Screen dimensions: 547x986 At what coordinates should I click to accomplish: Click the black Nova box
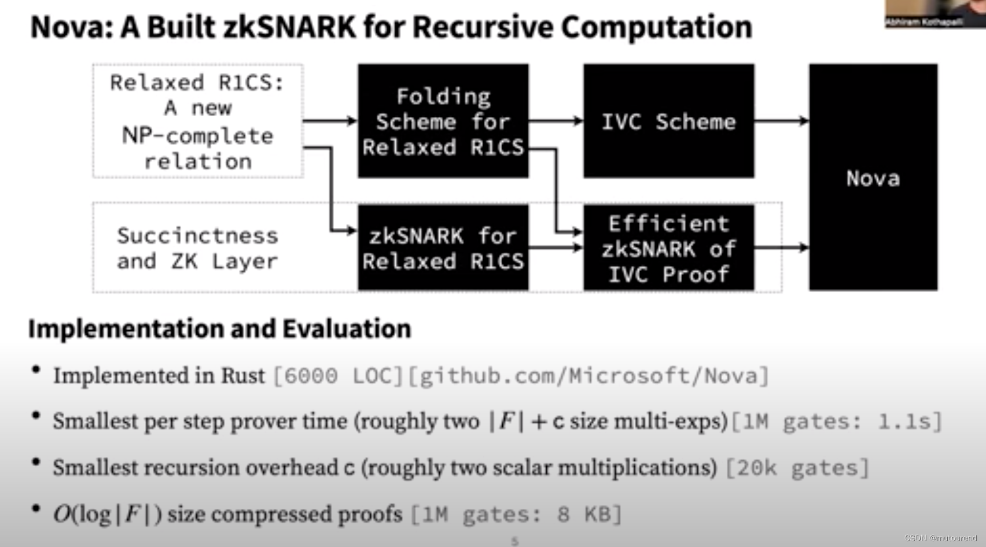point(873,177)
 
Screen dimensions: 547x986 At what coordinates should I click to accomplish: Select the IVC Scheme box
point(668,121)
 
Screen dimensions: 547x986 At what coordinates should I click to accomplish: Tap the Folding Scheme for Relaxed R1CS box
point(443,121)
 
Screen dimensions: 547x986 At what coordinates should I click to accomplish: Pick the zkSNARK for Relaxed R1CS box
point(443,247)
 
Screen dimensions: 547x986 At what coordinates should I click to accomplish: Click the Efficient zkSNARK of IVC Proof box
point(668,247)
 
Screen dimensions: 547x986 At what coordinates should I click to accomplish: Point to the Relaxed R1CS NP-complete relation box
point(197,121)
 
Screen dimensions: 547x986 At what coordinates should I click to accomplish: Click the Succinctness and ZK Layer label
point(197,248)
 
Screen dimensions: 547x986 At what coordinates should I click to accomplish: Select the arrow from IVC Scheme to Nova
point(781,120)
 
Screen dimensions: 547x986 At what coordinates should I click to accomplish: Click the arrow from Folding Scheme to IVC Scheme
point(555,120)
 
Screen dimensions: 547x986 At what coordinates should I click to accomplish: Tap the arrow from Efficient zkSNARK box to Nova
point(781,247)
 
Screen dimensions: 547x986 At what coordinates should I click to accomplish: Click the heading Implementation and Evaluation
point(220,328)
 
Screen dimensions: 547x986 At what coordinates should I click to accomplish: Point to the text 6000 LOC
point(338,376)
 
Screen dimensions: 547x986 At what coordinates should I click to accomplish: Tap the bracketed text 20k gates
point(797,468)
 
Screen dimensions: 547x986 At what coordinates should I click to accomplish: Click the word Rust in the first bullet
point(243,376)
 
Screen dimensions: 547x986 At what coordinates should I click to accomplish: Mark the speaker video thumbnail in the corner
point(935,13)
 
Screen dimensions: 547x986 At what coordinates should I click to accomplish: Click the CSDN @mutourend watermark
point(940,538)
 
